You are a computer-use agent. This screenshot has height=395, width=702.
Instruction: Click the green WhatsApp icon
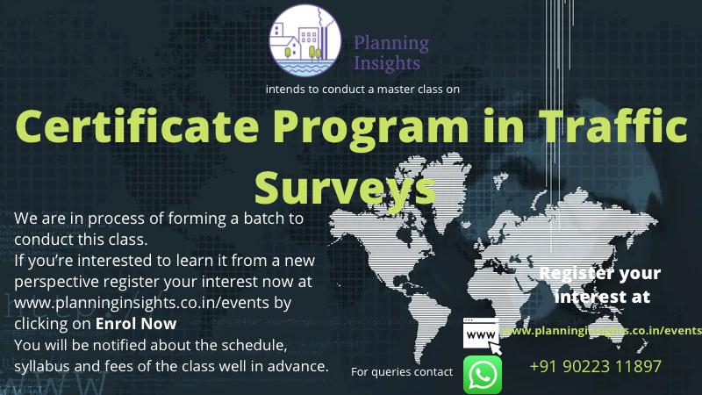[x=482, y=375]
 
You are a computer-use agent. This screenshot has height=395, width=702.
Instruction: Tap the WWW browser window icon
[x=482, y=335]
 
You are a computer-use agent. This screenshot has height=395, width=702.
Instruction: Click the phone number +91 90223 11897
[x=595, y=366]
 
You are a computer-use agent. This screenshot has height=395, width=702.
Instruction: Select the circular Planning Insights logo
[x=304, y=40]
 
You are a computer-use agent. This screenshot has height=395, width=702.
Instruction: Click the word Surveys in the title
[x=345, y=188]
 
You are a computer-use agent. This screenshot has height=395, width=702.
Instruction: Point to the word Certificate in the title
[x=137, y=126]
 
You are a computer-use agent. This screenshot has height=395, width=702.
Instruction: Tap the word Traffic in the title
[x=612, y=126]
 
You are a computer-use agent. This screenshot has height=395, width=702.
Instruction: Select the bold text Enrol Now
[x=136, y=323]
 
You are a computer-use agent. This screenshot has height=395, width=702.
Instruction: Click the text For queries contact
[x=402, y=371]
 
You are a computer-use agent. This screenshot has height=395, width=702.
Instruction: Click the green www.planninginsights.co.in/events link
[x=602, y=331]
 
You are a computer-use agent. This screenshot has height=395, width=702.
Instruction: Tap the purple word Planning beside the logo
[x=391, y=44]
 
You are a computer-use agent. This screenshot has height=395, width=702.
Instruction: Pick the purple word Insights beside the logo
[x=387, y=63]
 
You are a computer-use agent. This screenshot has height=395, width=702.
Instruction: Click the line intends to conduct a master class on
[x=362, y=90]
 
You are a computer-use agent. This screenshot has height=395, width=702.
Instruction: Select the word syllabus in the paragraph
[x=42, y=366]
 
